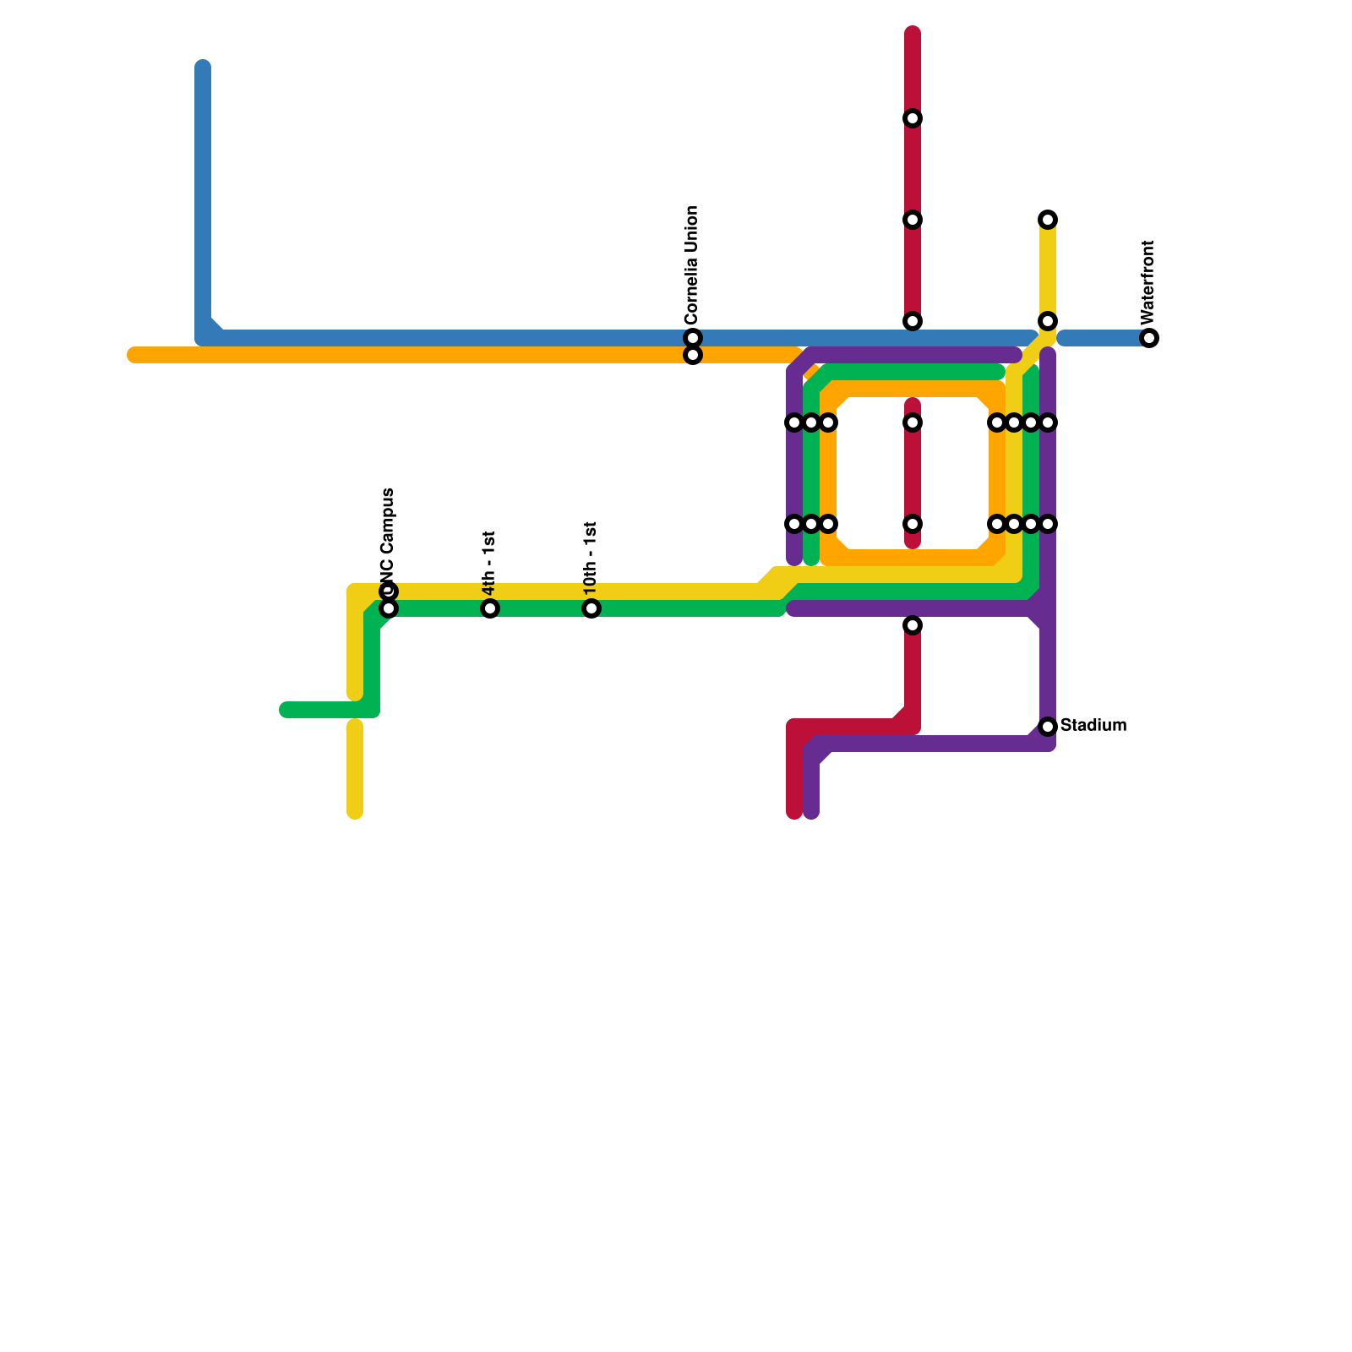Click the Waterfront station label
pos(1147,282)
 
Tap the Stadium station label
pos(1093,725)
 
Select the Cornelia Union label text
pos(692,264)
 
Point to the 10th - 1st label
pos(591,558)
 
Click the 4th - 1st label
pos(489,563)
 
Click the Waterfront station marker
pos(1149,338)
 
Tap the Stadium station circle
pos(1048,727)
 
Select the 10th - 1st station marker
pos(591,608)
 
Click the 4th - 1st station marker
pos(490,608)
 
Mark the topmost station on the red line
pos(913,118)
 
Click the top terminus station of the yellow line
pos(1048,220)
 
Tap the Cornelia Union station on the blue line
pos(693,338)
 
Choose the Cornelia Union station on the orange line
pos(693,356)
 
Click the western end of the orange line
pos(134,355)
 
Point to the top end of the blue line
pos(203,67)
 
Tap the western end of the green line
pos(286,710)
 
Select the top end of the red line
pos(913,34)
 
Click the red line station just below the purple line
pos(913,625)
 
